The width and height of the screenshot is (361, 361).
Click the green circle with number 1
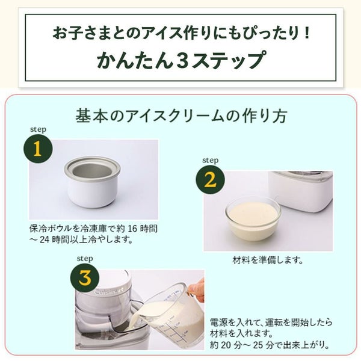pos(38,149)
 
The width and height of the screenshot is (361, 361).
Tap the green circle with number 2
pos(210,180)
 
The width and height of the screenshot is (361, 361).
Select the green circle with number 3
pos(85,278)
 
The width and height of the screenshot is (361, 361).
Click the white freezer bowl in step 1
pos(92,182)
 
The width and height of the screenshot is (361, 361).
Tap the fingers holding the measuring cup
pos(196,289)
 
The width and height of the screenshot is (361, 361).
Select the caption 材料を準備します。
pos(268,260)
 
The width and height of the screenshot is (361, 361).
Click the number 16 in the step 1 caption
pos(134,229)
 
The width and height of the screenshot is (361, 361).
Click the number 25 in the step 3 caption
pos(259,345)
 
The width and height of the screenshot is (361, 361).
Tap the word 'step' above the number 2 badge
pos(211,160)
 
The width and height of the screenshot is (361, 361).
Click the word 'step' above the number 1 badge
pos(39,129)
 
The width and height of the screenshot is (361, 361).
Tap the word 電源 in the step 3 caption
pos(218,322)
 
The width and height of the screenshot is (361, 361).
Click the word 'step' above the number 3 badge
pos(85,259)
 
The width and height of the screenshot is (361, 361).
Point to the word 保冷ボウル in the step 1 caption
pos(51,229)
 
